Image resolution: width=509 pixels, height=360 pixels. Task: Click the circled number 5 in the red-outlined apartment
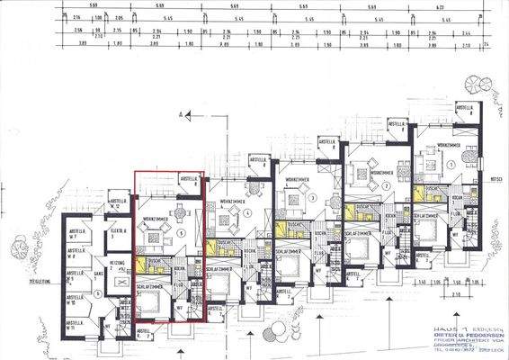pos(183,232)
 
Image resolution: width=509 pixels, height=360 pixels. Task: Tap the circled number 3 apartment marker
pos(311,196)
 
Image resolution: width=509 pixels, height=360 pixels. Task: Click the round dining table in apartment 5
pos(178,212)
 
